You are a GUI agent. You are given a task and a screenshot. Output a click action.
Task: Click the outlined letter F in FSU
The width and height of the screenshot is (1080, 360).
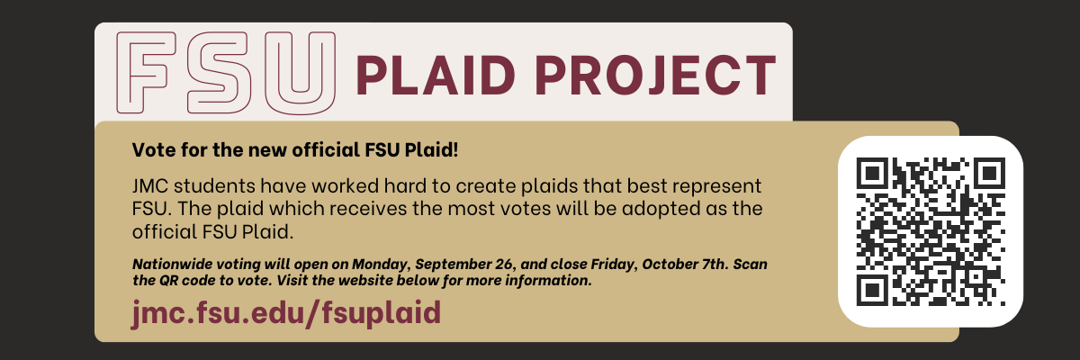[x=130, y=72]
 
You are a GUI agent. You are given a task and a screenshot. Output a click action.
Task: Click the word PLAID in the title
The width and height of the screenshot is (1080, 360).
[x=436, y=76]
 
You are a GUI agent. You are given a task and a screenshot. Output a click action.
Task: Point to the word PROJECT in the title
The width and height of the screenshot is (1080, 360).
[x=656, y=76]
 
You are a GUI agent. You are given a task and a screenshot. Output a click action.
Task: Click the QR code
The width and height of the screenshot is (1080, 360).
[x=931, y=231]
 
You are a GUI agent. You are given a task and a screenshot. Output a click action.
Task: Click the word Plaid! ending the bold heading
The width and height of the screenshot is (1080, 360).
[x=431, y=150]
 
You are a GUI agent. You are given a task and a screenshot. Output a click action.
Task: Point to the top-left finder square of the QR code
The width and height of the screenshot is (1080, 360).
[x=873, y=174]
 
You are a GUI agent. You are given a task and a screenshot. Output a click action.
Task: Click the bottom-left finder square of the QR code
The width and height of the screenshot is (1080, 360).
[x=873, y=290]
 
